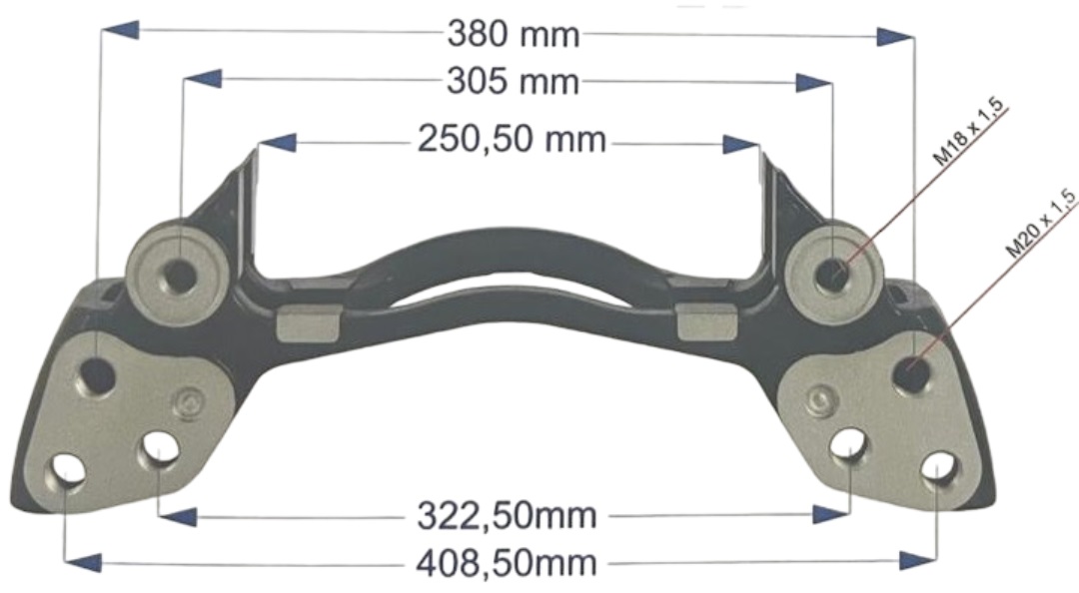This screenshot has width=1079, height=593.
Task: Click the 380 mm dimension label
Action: coord(514,34)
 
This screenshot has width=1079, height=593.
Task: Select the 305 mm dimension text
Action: coord(514,82)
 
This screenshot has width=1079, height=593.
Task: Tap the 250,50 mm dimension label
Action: coord(513,140)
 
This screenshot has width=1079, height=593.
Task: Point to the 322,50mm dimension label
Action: coord(507,516)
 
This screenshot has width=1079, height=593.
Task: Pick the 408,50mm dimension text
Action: coord(507,564)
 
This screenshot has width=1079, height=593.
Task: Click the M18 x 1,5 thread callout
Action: coord(968,132)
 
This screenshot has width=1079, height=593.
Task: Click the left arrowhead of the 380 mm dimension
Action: coord(120,30)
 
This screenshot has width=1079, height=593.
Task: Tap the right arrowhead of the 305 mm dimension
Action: coord(813,83)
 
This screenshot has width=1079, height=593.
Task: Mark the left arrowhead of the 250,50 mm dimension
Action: coord(278,143)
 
